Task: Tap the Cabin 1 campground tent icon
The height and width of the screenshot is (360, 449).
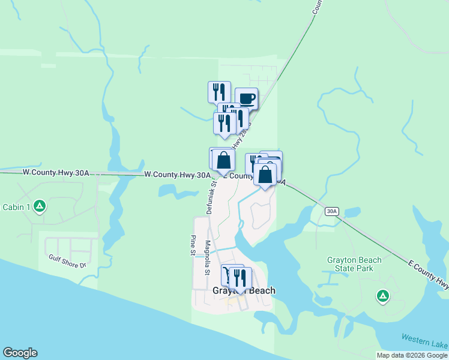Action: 40,207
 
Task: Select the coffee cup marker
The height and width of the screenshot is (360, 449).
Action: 246,98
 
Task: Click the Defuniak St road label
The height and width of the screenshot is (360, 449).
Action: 211,199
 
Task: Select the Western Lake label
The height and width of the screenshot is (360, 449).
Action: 424,339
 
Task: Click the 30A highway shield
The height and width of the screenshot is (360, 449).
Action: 332,211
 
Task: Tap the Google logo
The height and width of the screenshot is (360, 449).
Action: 20,353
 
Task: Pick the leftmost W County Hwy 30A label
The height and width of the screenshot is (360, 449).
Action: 55,172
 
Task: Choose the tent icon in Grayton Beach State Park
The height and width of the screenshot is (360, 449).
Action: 382,295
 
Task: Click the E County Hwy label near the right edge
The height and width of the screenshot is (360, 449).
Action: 427,273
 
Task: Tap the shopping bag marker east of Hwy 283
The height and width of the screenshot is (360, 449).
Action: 265,175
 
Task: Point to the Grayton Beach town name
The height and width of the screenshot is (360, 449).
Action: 244,291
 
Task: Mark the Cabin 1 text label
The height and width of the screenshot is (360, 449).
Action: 16,207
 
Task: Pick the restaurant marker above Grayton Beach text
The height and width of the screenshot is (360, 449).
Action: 240,278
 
